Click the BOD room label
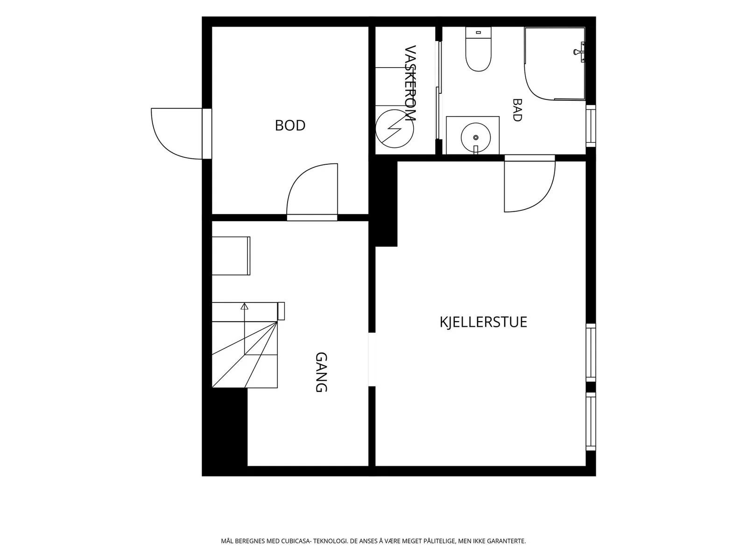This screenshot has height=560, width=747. pyautogui.click(x=290, y=126)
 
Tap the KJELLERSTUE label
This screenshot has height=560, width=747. pyautogui.click(x=483, y=322)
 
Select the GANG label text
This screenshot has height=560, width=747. pyautogui.click(x=321, y=372)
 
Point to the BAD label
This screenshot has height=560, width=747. pyautogui.click(x=517, y=110)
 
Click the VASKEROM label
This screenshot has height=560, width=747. pyautogui.click(x=410, y=83)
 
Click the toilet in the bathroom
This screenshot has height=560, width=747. pyautogui.click(x=479, y=49)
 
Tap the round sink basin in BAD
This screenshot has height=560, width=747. pyautogui.click(x=475, y=137)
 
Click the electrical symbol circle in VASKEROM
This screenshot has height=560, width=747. pyautogui.click(x=395, y=128)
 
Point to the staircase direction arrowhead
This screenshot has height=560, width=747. pyautogui.click(x=244, y=306)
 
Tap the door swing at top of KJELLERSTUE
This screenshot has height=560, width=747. pyautogui.click(x=529, y=186)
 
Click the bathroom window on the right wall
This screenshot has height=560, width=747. pyautogui.click(x=591, y=126)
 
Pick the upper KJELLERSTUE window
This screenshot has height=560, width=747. pyautogui.click(x=591, y=353)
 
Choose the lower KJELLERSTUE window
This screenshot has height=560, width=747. pyautogui.click(x=591, y=421)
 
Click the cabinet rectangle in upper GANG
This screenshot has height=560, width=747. pyautogui.click(x=231, y=256)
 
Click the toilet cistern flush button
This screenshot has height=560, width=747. pyautogui.click(x=479, y=32)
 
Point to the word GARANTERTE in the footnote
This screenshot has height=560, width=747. pyautogui.click(x=507, y=541)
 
